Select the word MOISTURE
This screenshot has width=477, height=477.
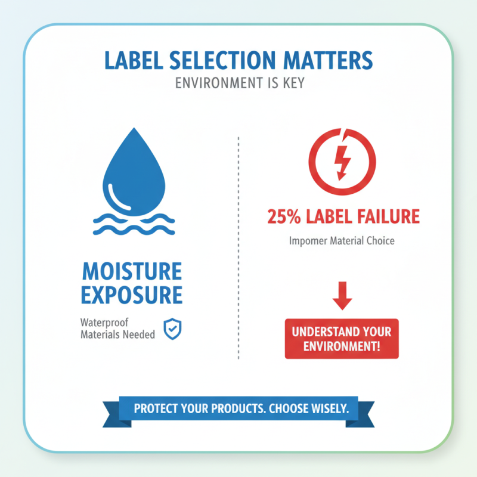pos(131,271)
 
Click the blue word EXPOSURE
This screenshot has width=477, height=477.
pos(131,295)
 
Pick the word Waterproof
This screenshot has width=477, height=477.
pos(105,323)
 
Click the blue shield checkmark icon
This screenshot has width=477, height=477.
pos(173,329)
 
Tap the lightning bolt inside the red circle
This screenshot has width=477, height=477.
pos(342,161)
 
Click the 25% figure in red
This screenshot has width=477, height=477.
pos(286,216)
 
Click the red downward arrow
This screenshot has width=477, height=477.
pos(342,297)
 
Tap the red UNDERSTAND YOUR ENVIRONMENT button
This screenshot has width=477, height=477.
pos(342,339)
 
